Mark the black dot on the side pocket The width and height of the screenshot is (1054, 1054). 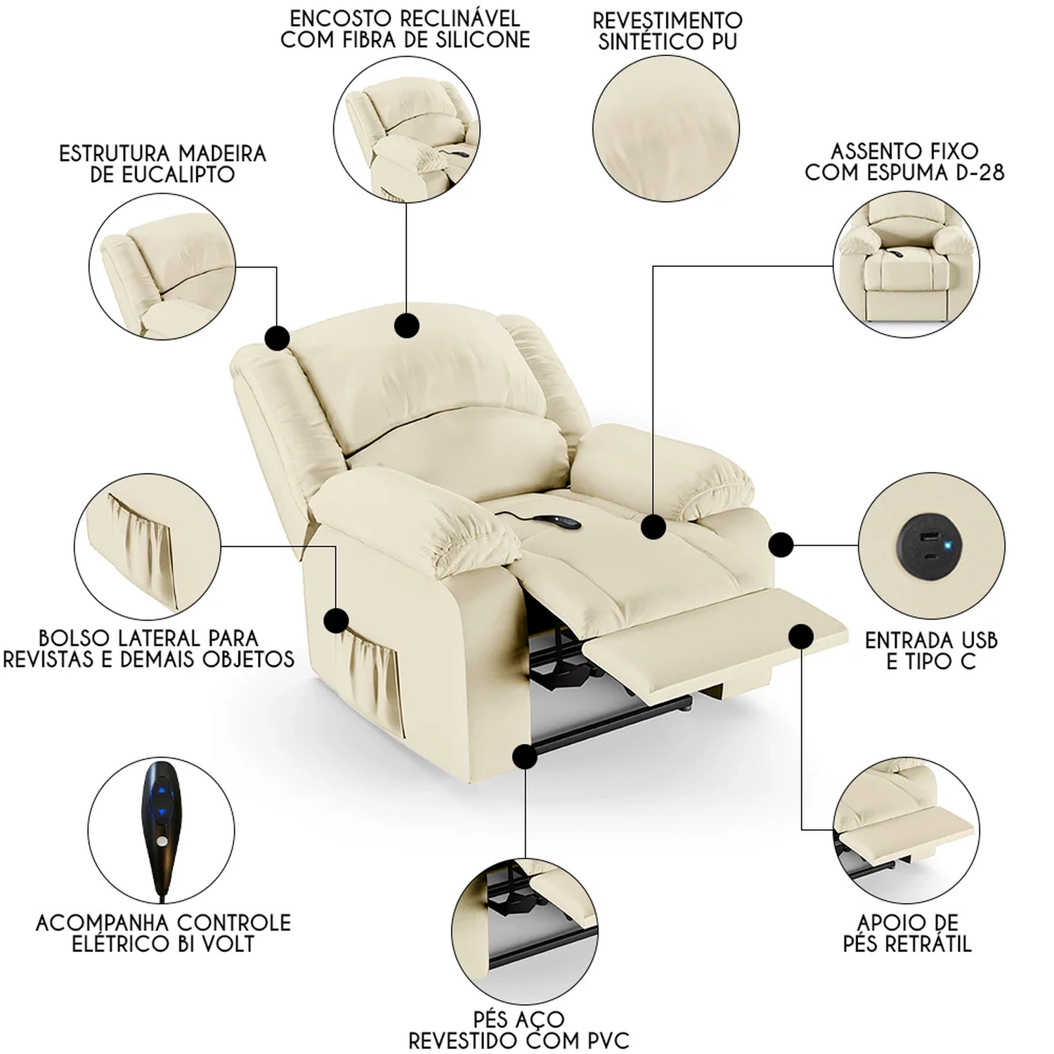point(337,620)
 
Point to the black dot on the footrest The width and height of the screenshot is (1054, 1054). point(801,637)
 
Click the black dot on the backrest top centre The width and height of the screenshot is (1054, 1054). point(407,325)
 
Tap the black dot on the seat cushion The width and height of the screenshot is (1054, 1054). point(653,526)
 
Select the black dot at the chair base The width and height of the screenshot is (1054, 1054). point(525,757)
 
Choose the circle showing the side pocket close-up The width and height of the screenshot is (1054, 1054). point(147,546)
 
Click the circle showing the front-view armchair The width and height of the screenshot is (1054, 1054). point(906,264)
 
